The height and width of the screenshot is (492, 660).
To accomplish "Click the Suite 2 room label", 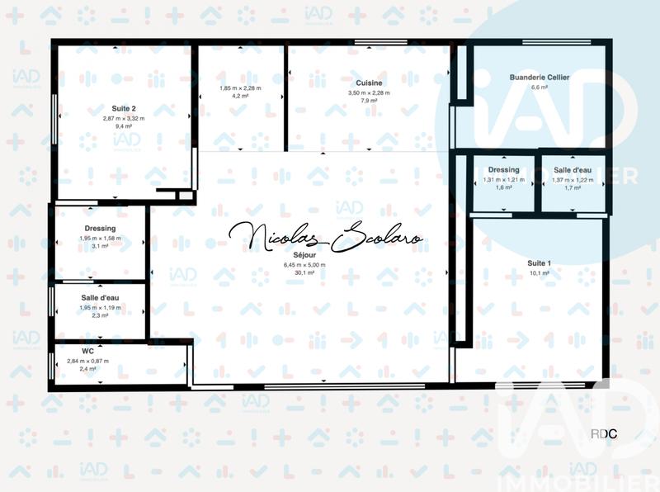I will [124, 108].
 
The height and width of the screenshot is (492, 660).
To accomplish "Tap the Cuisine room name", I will [369, 83].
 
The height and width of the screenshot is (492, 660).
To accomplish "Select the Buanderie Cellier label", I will [540, 77].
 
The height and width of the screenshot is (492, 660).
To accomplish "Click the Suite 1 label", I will [540, 263].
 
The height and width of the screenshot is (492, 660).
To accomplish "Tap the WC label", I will [87, 351].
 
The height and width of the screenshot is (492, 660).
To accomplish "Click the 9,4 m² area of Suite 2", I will [124, 127].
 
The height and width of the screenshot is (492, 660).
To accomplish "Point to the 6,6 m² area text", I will [540, 88].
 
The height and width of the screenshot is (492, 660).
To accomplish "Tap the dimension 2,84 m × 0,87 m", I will [87, 361].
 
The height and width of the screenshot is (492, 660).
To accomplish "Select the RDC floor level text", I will [604, 434].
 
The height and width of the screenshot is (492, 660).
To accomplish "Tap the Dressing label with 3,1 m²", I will [100, 229].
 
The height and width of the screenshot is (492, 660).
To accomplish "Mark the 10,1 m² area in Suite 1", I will [540, 273].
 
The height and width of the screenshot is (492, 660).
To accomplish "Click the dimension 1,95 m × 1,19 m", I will [100, 306].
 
